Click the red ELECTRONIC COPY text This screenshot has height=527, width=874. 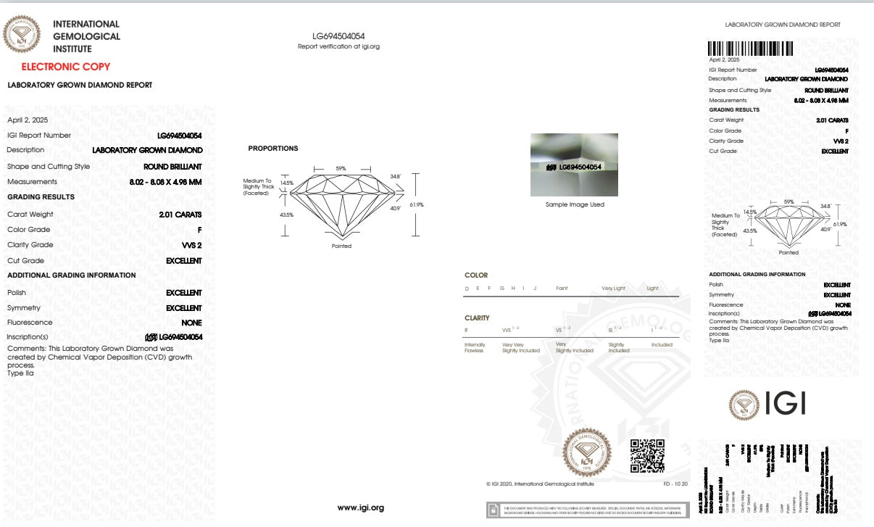coord(66,67)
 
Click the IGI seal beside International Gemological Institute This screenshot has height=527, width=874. coord(23,34)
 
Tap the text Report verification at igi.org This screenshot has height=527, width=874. coord(338,46)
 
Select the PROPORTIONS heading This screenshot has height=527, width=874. coord(273,149)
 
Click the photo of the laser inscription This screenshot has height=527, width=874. coord(574,165)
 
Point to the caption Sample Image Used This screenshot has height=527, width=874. coord(575,204)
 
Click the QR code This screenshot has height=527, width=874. coord(647,456)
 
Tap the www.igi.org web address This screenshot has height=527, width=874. coord(361,507)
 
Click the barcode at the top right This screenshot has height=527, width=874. coord(750,49)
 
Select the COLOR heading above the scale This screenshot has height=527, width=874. coord(476,275)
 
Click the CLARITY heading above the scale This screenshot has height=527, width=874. coord(477,318)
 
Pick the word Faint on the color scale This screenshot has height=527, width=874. coord(562,289)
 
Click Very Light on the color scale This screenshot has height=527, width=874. coord(613,289)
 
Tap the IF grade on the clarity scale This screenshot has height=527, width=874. coord(467,330)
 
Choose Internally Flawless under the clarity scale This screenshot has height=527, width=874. coord(475,348)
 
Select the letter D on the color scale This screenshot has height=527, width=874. coord(467,289)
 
